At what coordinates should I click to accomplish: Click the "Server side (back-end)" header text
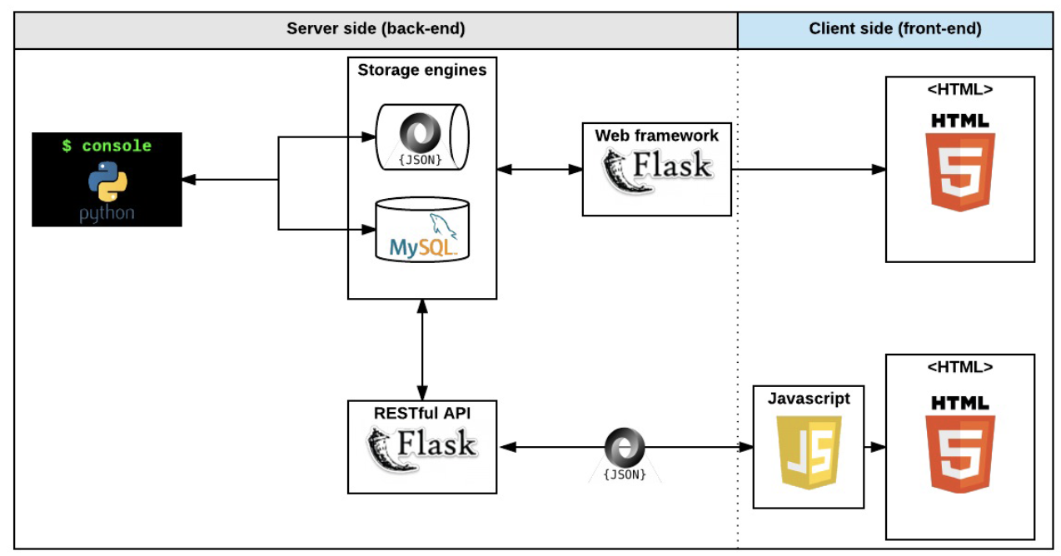point(376,29)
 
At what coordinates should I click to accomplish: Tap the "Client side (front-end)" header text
point(894,29)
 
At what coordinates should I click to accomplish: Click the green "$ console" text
point(107,146)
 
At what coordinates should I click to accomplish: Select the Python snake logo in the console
point(107,181)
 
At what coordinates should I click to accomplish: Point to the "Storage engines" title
point(421,70)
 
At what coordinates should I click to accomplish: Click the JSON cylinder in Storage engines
point(422,137)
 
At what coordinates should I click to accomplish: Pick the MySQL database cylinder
point(422,230)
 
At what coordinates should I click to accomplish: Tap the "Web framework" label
point(656,136)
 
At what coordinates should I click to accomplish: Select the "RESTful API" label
point(422,413)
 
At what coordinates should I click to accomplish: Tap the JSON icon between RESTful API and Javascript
point(625,454)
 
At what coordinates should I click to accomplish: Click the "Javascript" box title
point(809,399)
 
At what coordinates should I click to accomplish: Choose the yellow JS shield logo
point(809,452)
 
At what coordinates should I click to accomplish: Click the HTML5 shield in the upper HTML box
point(960,161)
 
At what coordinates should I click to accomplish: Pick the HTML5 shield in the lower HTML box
point(960,444)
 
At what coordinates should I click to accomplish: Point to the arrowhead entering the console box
point(188,179)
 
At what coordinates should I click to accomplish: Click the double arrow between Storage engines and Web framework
point(540,170)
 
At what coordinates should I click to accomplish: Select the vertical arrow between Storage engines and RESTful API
point(422,350)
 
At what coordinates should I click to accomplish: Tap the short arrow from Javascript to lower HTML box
point(874,447)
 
